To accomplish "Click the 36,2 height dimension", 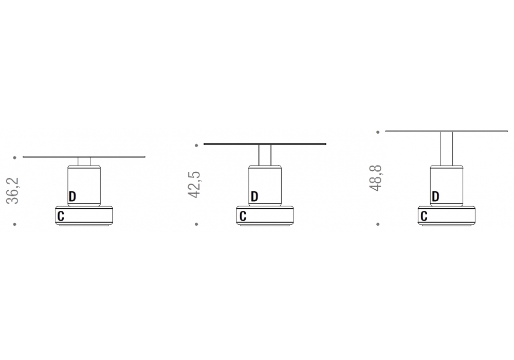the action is click(12, 191).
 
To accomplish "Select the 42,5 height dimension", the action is click(194, 185).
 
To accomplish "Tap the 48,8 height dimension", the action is click(375, 178).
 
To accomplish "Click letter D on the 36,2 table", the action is click(72, 196).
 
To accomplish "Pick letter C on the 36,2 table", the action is click(61, 217).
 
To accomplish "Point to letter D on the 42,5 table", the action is click(254, 196).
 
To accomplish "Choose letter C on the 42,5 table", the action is click(243, 217).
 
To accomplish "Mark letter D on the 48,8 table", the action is click(435, 196).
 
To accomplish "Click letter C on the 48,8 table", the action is click(424, 217).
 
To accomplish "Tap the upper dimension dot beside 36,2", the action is click(15, 158).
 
